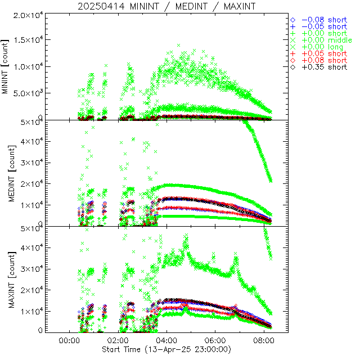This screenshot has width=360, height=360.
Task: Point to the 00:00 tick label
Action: tap(69, 341)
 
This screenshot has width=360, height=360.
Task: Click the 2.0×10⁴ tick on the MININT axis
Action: tap(26, 14)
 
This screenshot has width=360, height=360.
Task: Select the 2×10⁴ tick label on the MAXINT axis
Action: tap(31, 289)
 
